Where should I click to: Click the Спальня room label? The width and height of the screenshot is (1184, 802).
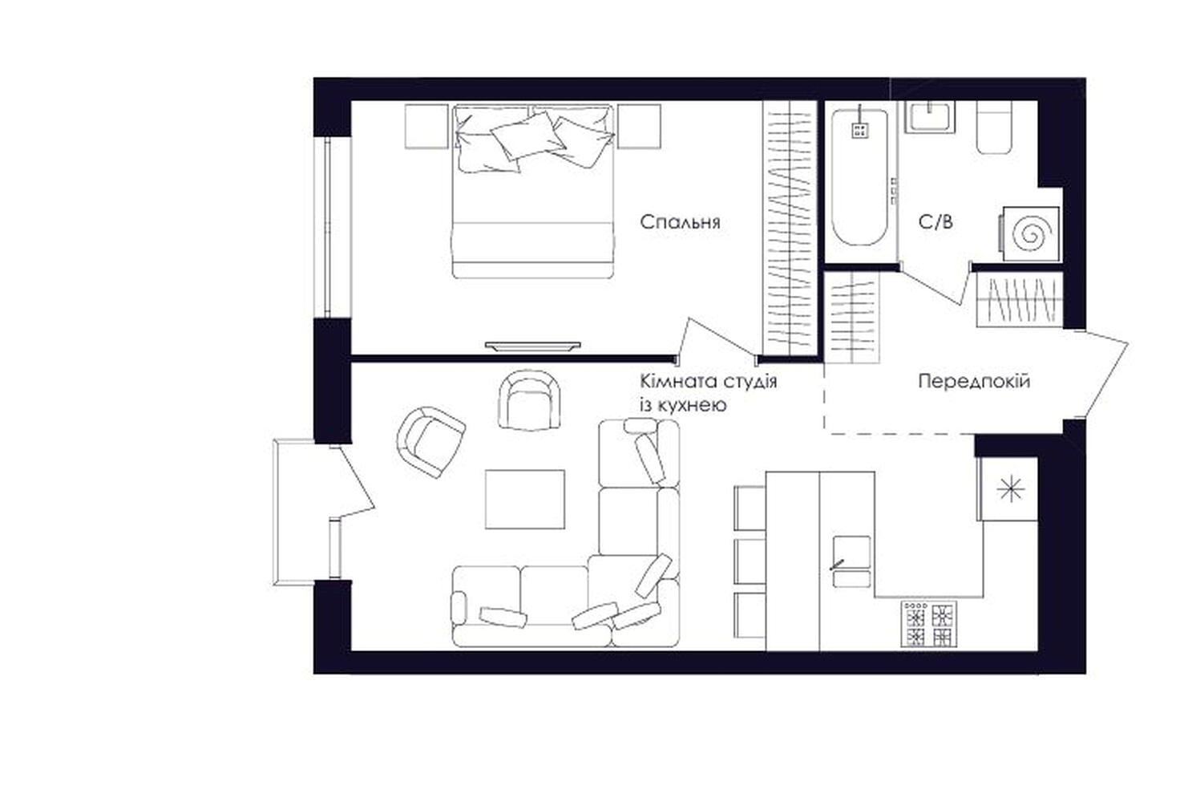coord(680,222)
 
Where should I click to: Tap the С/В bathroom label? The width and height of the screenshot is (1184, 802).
coord(935,222)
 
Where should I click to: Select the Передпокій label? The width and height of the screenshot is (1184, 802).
coord(974,381)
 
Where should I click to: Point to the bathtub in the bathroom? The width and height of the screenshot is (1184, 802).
coord(860,177)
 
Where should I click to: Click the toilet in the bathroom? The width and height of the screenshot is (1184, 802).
coord(994,128)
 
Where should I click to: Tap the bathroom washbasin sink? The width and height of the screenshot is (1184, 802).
coord(930,116)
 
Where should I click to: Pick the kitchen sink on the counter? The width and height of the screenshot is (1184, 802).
coord(851,561)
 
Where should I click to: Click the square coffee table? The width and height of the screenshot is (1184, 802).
coord(525,499)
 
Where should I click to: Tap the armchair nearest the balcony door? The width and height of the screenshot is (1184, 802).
coord(430,442)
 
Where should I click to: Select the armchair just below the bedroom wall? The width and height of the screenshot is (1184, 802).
coord(530,399)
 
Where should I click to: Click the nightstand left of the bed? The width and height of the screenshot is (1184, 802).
coord(426,127)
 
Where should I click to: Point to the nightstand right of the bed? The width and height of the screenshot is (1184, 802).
coord(639,127)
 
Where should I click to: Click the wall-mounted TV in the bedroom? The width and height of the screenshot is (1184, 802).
coord(533,346)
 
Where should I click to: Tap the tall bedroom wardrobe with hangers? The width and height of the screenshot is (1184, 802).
coord(790,227)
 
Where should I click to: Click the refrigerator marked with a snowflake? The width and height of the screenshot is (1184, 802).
coord(1009,489)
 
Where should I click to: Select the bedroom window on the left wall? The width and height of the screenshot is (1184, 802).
coord(333,227)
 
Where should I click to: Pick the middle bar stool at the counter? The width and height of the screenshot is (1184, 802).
coord(750,561)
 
